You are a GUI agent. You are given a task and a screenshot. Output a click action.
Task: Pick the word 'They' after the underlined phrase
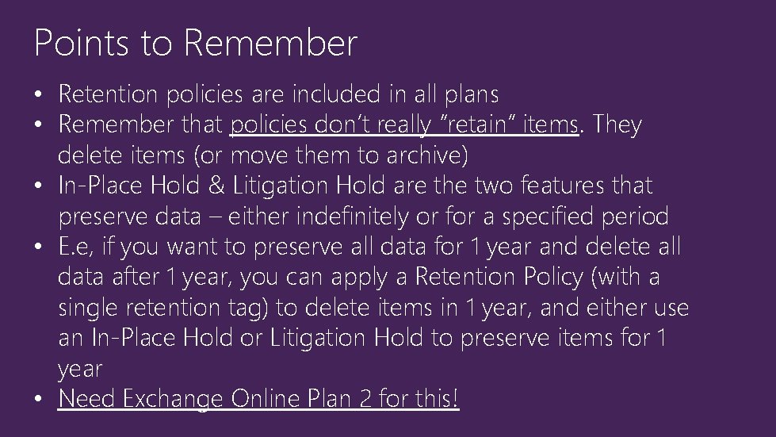point(617,125)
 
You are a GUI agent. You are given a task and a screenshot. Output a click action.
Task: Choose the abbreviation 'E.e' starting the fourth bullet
point(74,247)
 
